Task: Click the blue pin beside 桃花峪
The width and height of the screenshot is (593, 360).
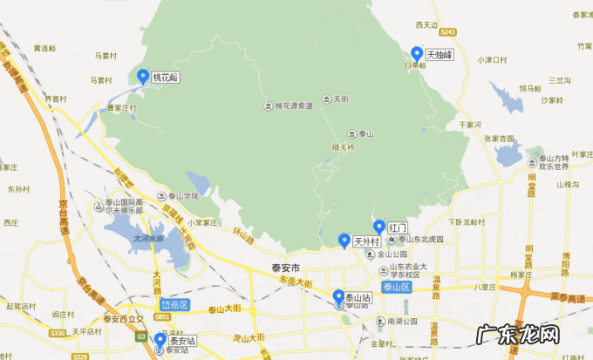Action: pos(142,75)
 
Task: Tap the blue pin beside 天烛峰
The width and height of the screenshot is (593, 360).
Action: pos(417,52)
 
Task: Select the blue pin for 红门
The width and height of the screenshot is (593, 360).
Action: pos(378,227)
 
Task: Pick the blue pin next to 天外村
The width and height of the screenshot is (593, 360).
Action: pos(344,240)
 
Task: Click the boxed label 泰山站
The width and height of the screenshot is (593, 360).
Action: pos(358,297)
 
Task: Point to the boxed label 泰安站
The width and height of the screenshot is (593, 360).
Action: pos(181,341)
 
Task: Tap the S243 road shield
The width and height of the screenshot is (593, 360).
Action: pos(448,32)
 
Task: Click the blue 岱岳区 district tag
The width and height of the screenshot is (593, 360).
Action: pos(174,304)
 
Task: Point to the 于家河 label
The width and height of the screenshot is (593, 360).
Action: pos(470,126)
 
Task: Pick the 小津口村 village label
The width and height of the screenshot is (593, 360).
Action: pos(492,59)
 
